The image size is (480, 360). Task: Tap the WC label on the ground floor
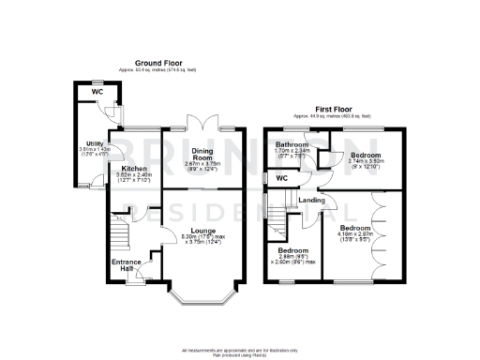[x=96, y=91]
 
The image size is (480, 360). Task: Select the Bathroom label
[x=292, y=143]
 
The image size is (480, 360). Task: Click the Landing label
[x=312, y=199]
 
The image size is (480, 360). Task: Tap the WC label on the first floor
[x=281, y=177]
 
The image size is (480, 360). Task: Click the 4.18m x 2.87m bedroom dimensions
[x=353, y=238]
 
